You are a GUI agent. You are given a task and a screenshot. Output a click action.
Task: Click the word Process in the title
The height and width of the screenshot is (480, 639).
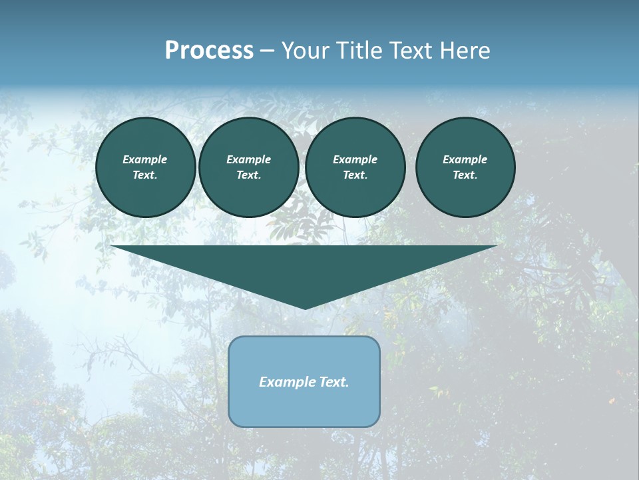[x=209, y=51]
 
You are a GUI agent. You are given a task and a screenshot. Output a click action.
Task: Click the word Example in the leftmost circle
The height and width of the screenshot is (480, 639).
[x=145, y=159]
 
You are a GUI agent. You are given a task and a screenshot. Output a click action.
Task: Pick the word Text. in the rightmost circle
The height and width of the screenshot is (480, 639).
[x=465, y=175]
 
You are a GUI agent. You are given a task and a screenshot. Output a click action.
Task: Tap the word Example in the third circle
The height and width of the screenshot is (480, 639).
[x=355, y=159]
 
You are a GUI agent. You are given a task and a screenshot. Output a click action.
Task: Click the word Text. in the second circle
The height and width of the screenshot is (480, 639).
[x=249, y=175]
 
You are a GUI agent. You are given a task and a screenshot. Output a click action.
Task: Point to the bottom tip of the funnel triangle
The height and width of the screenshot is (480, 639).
[x=305, y=307]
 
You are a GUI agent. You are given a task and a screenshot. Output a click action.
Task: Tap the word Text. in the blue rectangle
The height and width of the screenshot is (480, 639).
[x=335, y=382]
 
